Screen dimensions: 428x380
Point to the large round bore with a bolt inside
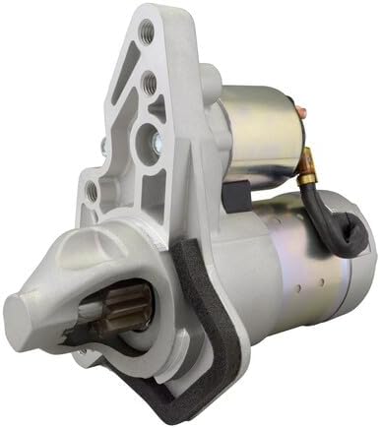[x=156, y=135]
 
